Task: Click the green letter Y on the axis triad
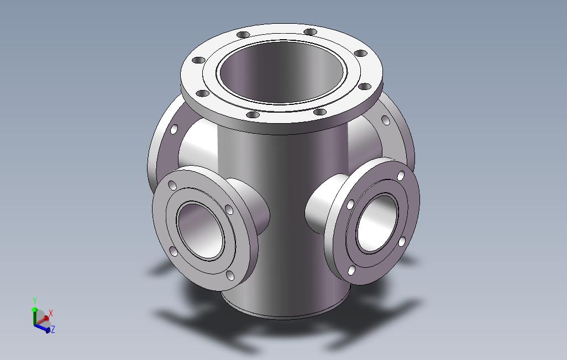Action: coord(35,301)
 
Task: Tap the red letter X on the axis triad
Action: coord(51,314)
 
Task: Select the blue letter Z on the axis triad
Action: coord(53,329)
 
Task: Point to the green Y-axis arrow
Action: coord(35,315)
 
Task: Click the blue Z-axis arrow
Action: coord(43,328)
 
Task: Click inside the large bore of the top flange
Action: coord(282,72)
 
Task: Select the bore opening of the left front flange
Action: coord(201,231)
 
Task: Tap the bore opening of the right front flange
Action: coord(377,223)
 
